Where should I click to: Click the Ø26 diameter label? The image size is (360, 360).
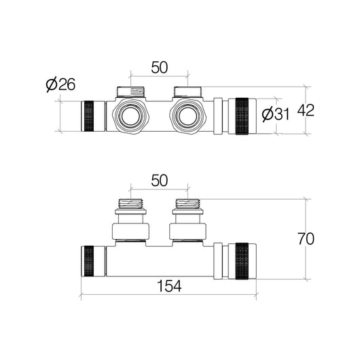pos(60,84)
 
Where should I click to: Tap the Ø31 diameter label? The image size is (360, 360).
pos(276,114)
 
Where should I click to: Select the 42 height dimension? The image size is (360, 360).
pos(306,111)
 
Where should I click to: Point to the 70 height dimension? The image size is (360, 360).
pos(306,239)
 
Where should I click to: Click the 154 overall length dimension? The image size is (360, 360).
pos(169,286)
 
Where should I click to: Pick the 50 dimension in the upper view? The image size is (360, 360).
pos(160,67)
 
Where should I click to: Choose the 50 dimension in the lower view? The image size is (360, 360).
pos(160,180)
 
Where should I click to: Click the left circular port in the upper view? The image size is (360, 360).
pos(130,116)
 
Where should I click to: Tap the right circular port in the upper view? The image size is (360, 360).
pos(187,116)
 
